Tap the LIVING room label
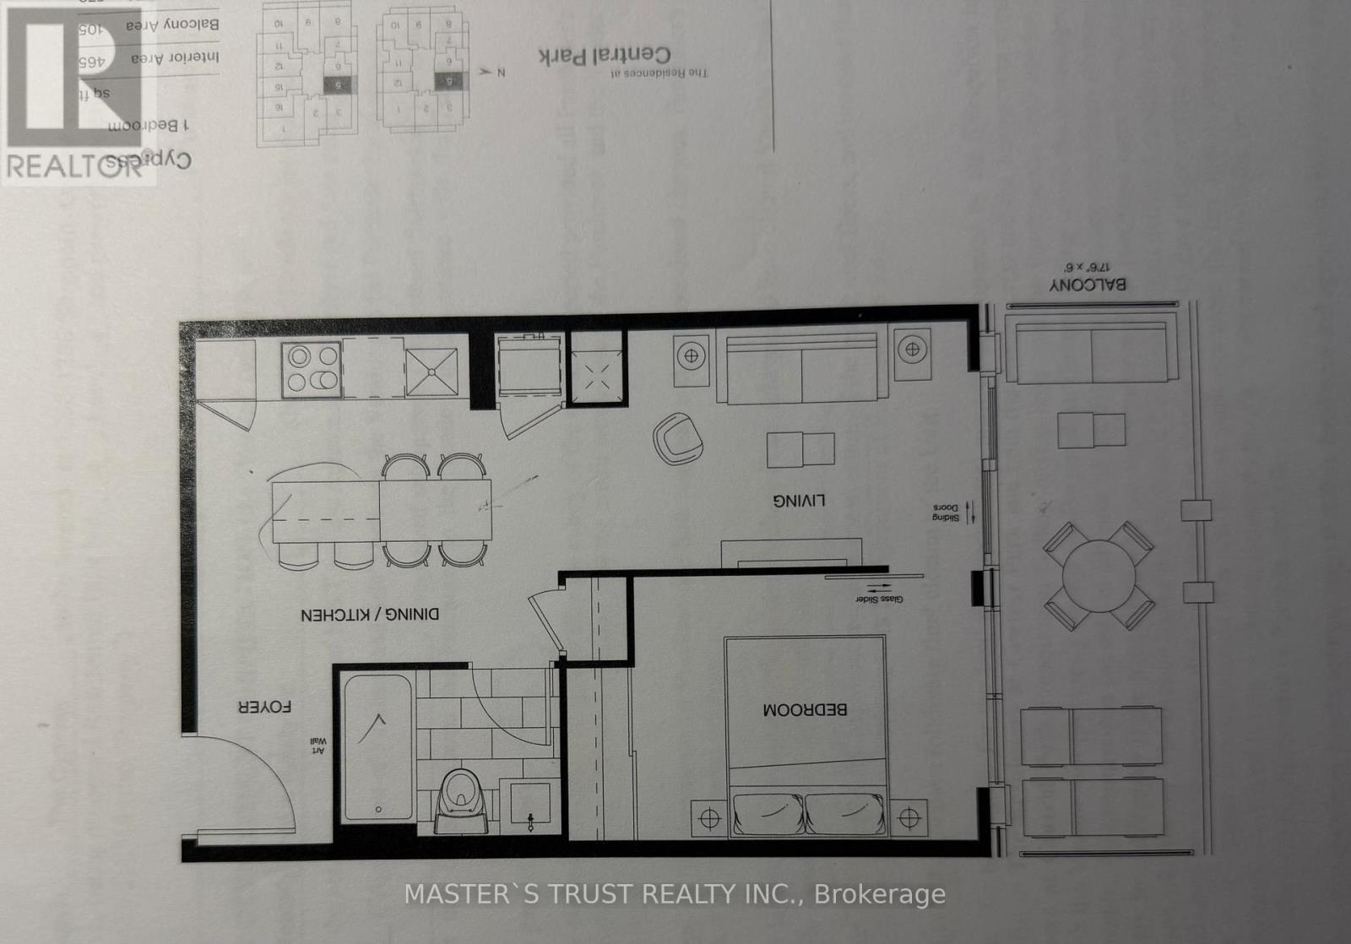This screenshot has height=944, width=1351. [x=799, y=501]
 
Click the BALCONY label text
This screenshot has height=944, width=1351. [x=1088, y=285]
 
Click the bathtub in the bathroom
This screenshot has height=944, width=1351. [x=377, y=746]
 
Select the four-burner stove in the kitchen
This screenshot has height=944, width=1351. [x=312, y=369]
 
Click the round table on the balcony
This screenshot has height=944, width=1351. [x=1099, y=577]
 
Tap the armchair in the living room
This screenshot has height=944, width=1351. [x=678, y=438]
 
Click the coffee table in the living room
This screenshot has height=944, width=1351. [x=800, y=449]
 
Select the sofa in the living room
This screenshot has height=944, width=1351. [x=800, y=370]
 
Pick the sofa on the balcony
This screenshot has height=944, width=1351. [x=1093, y=350]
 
